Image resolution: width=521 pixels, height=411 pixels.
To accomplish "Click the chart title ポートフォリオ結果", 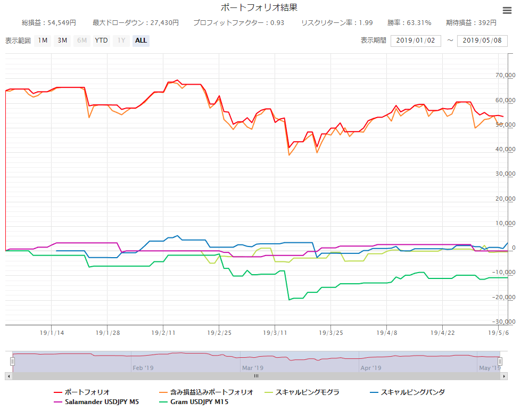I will pyautogui.click(x=259, y=7).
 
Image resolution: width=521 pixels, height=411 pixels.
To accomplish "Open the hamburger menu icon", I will pyautogui.click(x=507, y=10).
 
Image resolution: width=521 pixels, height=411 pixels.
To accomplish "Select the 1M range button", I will pyautogui.click(x=43, y=40).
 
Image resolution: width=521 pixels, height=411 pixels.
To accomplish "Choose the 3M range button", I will pyautogui.click(x=62, y=40).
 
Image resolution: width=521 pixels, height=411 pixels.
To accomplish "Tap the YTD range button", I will pyautogui.click(x=101, y=40).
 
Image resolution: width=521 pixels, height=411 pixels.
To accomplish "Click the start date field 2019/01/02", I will pyautogui.click(x=416, y=41).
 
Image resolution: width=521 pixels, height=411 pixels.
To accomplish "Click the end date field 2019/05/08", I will pyautogui.click(x=482, y=41).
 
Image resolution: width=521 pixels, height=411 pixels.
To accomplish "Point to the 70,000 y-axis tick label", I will pyautogui.click(x=505, y=76).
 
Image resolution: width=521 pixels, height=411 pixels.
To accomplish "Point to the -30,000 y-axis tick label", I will pyautogui.click(x=503, y=322).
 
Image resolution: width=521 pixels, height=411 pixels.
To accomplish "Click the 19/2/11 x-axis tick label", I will pyautogui.click(x=163, y=333).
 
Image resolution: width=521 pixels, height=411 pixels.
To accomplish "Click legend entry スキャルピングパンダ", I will pyautogui.click(x=412, y=392).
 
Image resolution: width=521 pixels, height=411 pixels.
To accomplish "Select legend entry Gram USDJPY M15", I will pyautogui.click(x=200, y=402).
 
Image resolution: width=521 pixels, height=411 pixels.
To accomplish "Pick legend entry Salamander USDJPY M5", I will pyautogui.click(x=102, y=402).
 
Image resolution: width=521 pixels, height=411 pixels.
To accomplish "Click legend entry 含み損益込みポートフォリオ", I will pyautogui.click(x=211, y=392).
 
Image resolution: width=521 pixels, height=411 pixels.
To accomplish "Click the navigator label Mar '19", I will pyautogui.click(x=253, y=367).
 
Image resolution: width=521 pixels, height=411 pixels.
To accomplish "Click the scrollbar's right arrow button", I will pyautogui.click(x=504, y=376).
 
